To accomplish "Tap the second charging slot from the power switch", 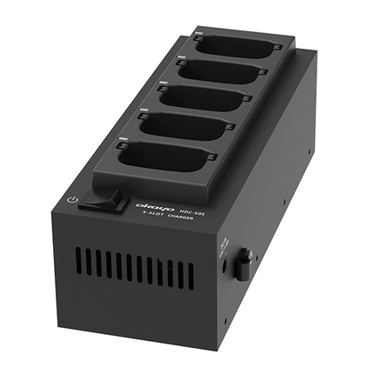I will [185, 126].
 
